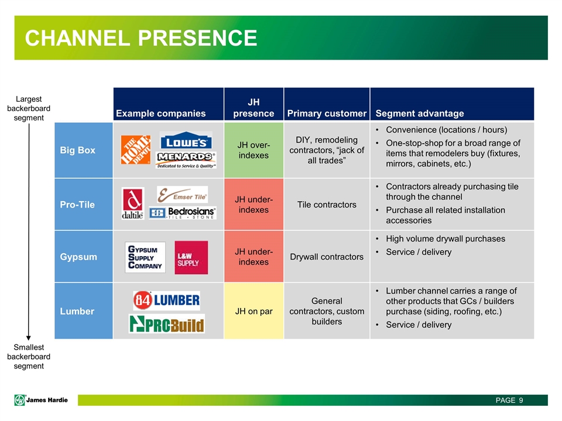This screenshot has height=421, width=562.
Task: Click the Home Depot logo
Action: [136, 149]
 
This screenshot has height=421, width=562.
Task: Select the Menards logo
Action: [186, 160]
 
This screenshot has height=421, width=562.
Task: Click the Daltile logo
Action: [132, 203]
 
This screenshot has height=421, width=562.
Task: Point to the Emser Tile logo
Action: [182, 194]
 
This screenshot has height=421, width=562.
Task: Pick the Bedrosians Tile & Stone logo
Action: [183, 213]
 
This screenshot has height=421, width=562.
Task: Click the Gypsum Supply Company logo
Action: [145, 257]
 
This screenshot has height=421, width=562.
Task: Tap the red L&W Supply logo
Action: [191, 257]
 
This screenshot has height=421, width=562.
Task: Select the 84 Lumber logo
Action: [166, 301]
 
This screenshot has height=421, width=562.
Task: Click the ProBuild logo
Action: [166, 323]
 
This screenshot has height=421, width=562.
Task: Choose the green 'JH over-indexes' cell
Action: [253, 150]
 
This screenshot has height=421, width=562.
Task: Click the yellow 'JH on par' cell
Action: [253, 311]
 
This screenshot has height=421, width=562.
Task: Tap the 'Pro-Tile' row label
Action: [77, 205]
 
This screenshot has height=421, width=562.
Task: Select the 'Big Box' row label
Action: [77, 150]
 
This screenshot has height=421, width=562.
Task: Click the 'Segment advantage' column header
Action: [420, 113]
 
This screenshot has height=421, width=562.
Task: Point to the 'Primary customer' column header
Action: [327, 113]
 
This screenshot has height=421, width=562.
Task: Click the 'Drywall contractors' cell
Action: [327, 257]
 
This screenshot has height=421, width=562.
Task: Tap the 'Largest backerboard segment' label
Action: [29, 109]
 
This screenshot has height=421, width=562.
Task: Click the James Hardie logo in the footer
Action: [42, 400]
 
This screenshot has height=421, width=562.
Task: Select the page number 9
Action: [520, 400]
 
